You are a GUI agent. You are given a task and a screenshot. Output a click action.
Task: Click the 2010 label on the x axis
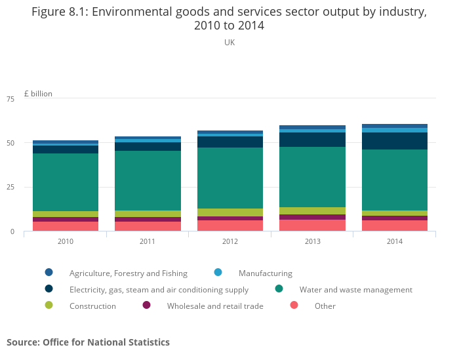click(66, 241)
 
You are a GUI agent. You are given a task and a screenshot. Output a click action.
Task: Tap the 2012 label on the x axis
click(230, 241)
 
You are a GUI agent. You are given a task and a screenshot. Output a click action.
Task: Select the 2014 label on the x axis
click(395, 241)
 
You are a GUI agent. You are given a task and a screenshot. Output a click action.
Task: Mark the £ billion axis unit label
click(38, 94)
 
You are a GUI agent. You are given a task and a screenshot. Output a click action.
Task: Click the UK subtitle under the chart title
click(229, 43)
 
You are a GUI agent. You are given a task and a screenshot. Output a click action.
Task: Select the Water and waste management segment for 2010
click(66, 182)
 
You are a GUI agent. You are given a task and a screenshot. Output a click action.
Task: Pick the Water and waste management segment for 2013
click(313, 177)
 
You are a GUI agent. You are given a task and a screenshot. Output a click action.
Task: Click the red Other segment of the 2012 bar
click(230, 226)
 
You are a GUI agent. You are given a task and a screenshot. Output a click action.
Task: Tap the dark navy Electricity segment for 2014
click(395, 141)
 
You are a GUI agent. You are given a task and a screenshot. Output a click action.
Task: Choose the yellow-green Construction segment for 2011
click(148, 214)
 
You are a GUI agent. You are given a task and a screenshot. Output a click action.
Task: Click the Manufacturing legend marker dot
click(218, 273)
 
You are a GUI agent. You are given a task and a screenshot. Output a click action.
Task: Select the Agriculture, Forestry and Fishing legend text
click(129, 273)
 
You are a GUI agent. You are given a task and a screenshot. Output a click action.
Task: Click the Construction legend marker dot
click(49, 306)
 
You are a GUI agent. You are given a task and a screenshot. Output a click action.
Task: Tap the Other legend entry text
click(325, 306)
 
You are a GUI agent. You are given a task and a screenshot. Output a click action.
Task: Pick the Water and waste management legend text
click(356, 290)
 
